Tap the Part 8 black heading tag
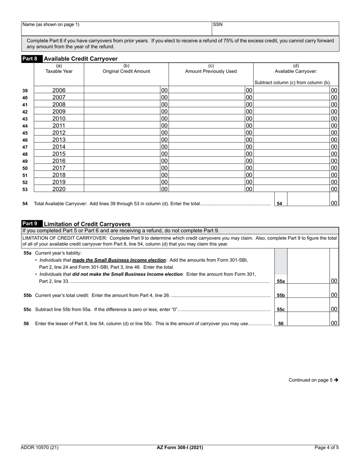point(30,59)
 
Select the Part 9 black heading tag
point(30,224)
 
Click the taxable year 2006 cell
point(59,90)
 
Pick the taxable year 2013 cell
point(59,140)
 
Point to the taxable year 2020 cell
point(59,189)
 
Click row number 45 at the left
point(25,133)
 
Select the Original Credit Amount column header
point(126,69)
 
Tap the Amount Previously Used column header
point(211,69)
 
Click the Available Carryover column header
point(296,69)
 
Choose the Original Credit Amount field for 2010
point(122,119)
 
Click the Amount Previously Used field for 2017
point(207,168)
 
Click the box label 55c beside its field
point(281,310)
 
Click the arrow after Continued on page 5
point(336,380)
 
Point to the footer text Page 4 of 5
point(327,447)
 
